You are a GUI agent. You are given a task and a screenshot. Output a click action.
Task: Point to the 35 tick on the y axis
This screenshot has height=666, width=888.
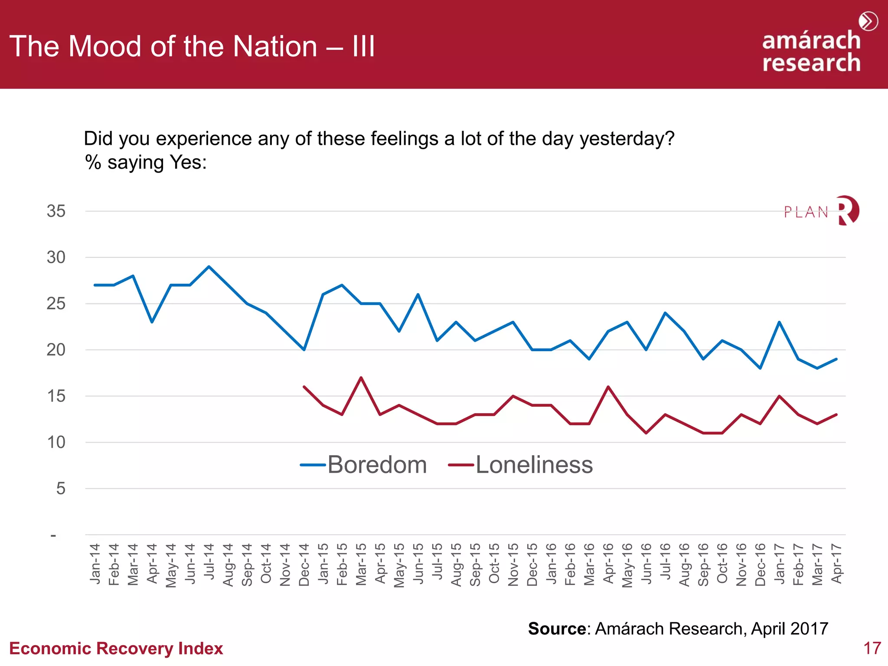56,211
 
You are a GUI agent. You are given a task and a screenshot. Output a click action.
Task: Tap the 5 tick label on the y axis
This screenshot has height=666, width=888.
60,489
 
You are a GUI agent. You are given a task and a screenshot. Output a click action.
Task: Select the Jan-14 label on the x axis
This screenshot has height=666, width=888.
95,564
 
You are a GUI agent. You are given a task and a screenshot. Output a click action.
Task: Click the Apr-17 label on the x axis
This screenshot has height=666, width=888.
836,564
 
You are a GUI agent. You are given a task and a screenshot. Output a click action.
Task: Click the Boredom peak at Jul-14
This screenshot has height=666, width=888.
209,267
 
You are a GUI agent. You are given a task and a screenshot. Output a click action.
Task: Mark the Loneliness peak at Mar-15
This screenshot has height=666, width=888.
361,378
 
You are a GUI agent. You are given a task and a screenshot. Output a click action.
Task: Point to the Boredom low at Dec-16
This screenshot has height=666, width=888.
760,368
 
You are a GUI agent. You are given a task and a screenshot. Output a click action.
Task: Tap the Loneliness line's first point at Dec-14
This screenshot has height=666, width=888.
304,387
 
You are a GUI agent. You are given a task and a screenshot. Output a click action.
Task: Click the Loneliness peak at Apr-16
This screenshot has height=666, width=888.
608,387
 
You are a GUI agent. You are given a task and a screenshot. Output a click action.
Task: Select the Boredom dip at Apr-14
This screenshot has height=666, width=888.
152,322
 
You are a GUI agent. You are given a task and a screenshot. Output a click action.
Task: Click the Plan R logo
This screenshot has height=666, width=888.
821,211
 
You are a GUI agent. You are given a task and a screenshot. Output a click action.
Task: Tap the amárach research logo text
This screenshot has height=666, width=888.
811,51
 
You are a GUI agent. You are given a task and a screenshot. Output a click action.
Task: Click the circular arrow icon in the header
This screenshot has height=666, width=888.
868,21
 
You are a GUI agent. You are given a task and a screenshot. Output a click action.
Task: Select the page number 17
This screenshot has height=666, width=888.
872,648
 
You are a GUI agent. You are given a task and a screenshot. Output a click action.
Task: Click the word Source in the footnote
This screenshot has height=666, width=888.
557,629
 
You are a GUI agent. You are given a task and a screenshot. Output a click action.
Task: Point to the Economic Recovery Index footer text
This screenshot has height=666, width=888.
116,649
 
